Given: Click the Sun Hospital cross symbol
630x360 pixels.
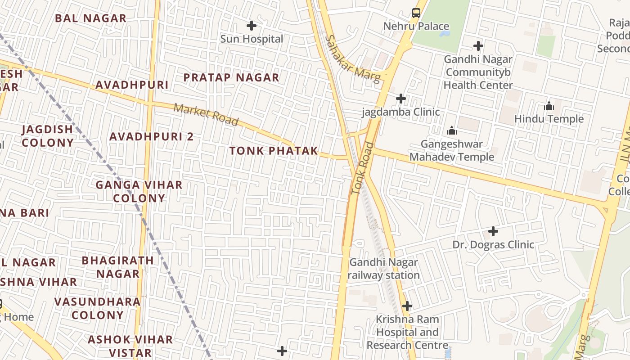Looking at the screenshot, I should [252, 26].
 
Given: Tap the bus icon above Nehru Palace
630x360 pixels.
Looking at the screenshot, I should [416, 13].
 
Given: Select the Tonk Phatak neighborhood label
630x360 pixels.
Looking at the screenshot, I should [274, 151].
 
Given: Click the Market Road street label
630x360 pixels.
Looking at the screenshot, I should [206, 115].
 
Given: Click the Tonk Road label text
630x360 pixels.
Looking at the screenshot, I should [363, 168].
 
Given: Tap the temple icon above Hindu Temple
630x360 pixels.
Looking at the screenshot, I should [549, 106].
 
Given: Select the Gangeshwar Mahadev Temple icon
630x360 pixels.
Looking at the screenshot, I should [452, 131].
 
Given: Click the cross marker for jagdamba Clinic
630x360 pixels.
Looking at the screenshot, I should [400, 99].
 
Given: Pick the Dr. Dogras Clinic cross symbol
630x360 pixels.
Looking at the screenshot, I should [493, 232].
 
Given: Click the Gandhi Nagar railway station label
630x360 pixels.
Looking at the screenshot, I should [384, 269].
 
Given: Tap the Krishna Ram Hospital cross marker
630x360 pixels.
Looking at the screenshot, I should [407, 306].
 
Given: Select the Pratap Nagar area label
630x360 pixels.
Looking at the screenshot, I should [231, 77].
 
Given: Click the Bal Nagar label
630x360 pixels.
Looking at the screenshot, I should [90, 18].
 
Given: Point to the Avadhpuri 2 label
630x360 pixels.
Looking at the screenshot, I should [151, 136].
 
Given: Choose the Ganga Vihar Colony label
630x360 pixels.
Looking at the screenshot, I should [139, 191].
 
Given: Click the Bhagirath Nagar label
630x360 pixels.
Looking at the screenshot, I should [118, 267].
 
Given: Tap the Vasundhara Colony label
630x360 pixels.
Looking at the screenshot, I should [98, 308].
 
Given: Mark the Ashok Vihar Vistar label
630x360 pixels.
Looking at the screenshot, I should [130, 346].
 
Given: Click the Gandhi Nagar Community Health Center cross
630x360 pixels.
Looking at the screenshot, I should [478, 46].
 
